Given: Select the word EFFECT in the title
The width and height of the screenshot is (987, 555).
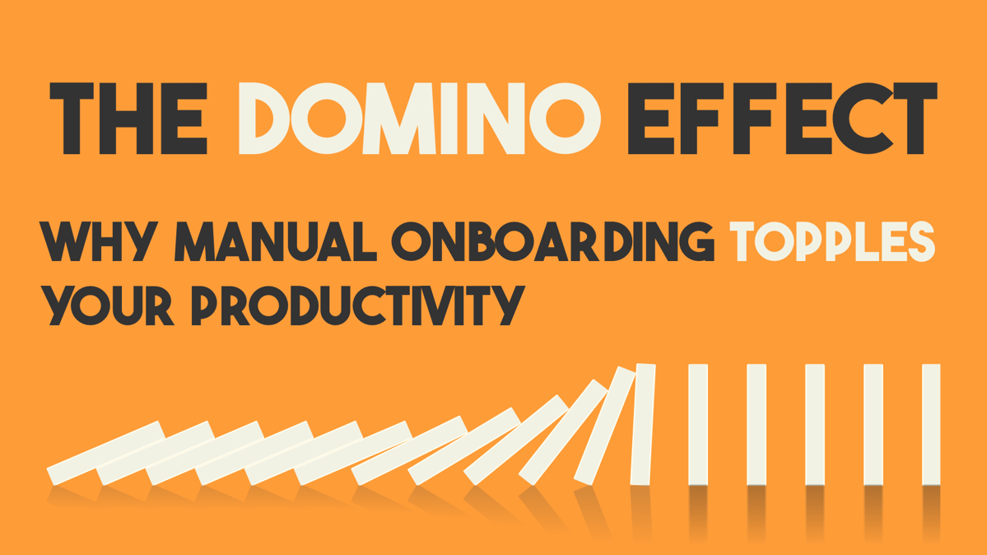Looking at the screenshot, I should pyautogui.click(x=781, y=119).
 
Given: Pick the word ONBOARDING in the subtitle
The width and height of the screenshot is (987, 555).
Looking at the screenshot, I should pyautogui.click(x=552, y=241).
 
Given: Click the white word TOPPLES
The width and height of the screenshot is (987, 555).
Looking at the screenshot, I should pyautogui.click(x=834, y=241).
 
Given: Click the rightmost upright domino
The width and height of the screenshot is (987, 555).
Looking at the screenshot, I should pyautogui.click(x=931, y=424).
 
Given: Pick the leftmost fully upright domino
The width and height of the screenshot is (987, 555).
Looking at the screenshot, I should pyautogui.click(x=698, y=424).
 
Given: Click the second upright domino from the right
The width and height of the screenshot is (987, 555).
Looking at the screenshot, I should pyautogui.click(x=873, y=424).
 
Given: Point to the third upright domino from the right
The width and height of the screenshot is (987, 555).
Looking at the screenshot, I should pyautogui.click(x=814, y=424).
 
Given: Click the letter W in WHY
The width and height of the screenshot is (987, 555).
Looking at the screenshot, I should pyautogui.click(x=65, y=241).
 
